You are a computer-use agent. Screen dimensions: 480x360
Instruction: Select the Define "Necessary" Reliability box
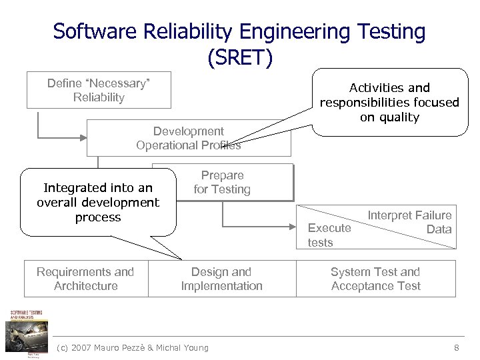coord(99,90)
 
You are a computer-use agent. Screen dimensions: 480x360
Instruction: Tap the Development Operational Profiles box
coord(189,138)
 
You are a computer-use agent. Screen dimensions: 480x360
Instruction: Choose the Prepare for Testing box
coord(223,182)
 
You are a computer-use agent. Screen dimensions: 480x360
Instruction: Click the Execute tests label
coord(329,235)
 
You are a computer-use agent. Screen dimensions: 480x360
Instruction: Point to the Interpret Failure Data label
coord(410,222)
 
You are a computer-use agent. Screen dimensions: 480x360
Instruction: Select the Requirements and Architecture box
coord(85,279)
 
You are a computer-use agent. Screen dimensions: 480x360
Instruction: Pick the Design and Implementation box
coord(221,279)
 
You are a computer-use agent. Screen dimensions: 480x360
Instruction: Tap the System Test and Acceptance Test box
coord(375,279)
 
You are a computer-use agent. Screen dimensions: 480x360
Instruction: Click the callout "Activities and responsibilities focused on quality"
coord(389,102)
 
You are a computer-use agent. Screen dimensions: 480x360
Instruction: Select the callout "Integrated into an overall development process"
coord(98,203)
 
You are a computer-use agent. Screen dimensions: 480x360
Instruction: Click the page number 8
coord(456,347)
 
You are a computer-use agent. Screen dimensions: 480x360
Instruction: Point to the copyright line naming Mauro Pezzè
coord(133,347)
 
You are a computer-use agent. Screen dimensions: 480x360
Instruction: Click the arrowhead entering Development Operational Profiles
coord(83,138)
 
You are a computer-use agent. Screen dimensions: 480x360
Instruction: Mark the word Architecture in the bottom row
coord(85,286)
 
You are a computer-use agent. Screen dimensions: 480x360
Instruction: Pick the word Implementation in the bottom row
coord(221,286)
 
